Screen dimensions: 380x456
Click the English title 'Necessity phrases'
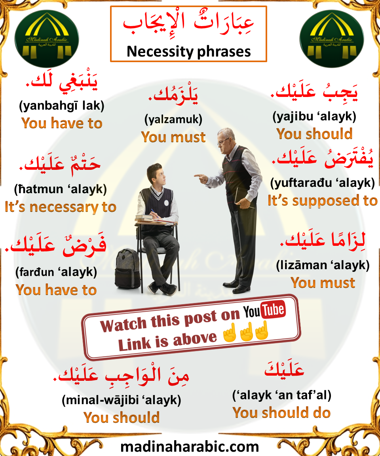(188, 51)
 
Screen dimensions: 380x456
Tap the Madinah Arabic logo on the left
(47, 39)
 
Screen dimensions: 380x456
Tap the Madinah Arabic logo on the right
(331, 39)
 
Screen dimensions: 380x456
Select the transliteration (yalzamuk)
(173, 120)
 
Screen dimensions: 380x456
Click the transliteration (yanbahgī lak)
(62, 106)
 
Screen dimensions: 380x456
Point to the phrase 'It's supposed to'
(323, 201)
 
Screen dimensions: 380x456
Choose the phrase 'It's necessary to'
(61, 207)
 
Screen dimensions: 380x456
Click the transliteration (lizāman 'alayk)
(323, 265)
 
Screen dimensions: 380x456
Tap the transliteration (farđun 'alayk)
(56, 272)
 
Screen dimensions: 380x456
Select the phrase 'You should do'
(281, 413)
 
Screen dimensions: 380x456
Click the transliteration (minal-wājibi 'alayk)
(122, 400)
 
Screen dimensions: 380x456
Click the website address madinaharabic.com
(190, 446)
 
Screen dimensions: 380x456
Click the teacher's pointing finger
(198, 176)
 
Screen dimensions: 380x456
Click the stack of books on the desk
(144, 218)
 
